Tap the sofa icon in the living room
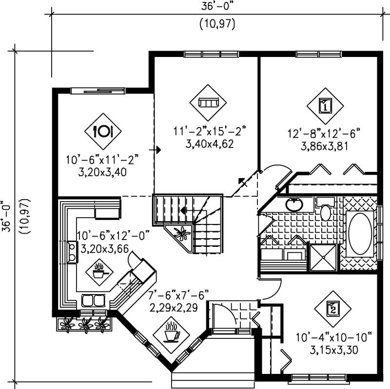209,102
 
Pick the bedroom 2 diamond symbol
332,308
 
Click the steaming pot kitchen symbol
99,271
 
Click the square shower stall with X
323,257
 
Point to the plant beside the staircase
181,233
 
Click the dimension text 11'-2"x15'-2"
209,130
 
